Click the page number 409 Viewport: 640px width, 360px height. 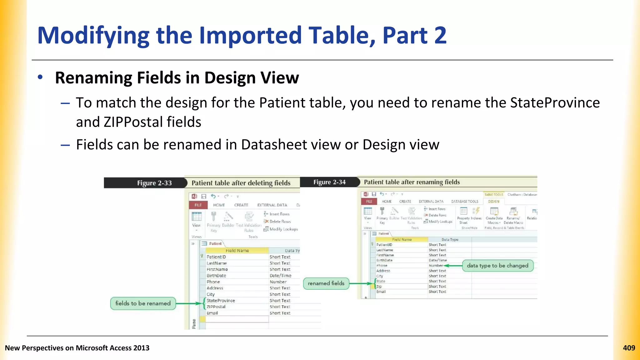(x=629, y=348)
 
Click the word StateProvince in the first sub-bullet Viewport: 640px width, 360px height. (x=555, y=103)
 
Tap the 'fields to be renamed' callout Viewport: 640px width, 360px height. (x=143, y=303)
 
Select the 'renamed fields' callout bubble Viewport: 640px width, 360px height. (x=326, y=283)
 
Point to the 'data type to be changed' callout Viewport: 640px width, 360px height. (x=497, y=266)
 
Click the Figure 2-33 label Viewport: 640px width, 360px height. (x=154, y=183)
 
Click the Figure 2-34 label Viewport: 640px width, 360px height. (x=329, y=182)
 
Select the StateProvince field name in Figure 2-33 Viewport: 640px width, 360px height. (x=221, y=301)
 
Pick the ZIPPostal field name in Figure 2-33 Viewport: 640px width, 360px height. (x=216, y=307)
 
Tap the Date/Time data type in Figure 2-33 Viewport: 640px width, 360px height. (x=280, y=276)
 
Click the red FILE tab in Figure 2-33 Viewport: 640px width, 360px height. (x=198, y=205)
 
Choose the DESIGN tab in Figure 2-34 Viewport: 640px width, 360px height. (x=494, y=202)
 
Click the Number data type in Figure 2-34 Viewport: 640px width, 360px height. (x=436, y=266)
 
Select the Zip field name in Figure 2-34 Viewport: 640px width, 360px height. (x=379, y=287)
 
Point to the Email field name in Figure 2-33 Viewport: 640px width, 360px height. (x=212, y=313)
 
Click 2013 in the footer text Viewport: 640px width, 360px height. (x=141, y=348)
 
